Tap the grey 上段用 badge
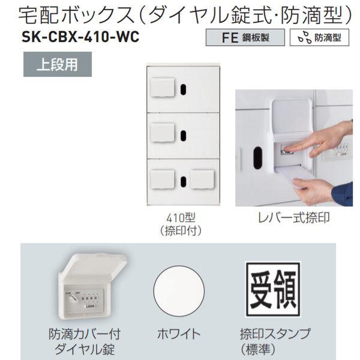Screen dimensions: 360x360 point(58,62)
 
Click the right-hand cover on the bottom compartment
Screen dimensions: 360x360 point(202,178)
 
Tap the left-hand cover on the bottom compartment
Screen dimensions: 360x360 point(161,178)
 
